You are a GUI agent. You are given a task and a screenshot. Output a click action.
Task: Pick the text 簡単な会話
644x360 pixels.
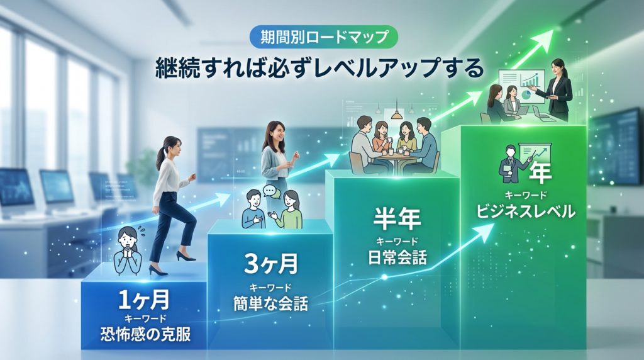click(270, 304)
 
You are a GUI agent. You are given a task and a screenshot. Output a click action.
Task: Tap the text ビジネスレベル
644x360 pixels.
click(525, 212)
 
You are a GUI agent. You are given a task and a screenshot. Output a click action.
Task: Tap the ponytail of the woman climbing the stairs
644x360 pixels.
click(161, 155)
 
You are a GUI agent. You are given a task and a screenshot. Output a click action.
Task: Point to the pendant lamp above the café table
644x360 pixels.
click(396, 114)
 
